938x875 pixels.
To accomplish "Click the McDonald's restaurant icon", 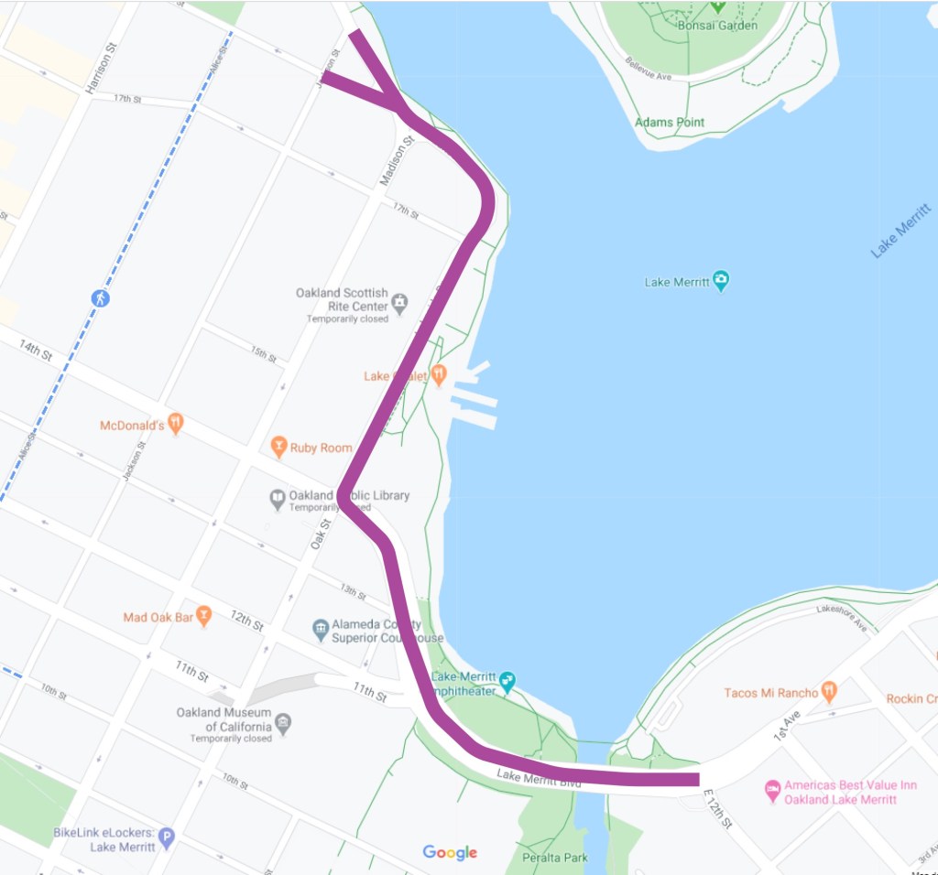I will click(177, 424).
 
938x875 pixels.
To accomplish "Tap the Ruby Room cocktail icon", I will click(278, 448).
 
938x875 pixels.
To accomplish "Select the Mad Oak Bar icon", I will click(204, 616).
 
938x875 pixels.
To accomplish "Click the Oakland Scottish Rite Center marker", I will click(398, 299).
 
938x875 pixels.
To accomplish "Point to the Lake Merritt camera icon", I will click(721, 281).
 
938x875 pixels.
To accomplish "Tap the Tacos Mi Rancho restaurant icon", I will click(829, 692).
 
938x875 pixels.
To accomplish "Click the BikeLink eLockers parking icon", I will click(166, 836).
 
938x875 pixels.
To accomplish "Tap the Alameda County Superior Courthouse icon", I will click(320, 629).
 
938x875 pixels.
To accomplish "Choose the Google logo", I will click(450, 852).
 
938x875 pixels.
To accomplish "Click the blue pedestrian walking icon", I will click(100, 298).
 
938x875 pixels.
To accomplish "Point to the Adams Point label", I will click(669, 122).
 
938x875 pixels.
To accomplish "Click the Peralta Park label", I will click(555, 858).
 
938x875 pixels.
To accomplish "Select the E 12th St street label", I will click(717, 810).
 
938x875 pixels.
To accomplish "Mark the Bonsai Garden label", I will click(717, 25).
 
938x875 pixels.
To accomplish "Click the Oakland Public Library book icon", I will click(277, 499).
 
